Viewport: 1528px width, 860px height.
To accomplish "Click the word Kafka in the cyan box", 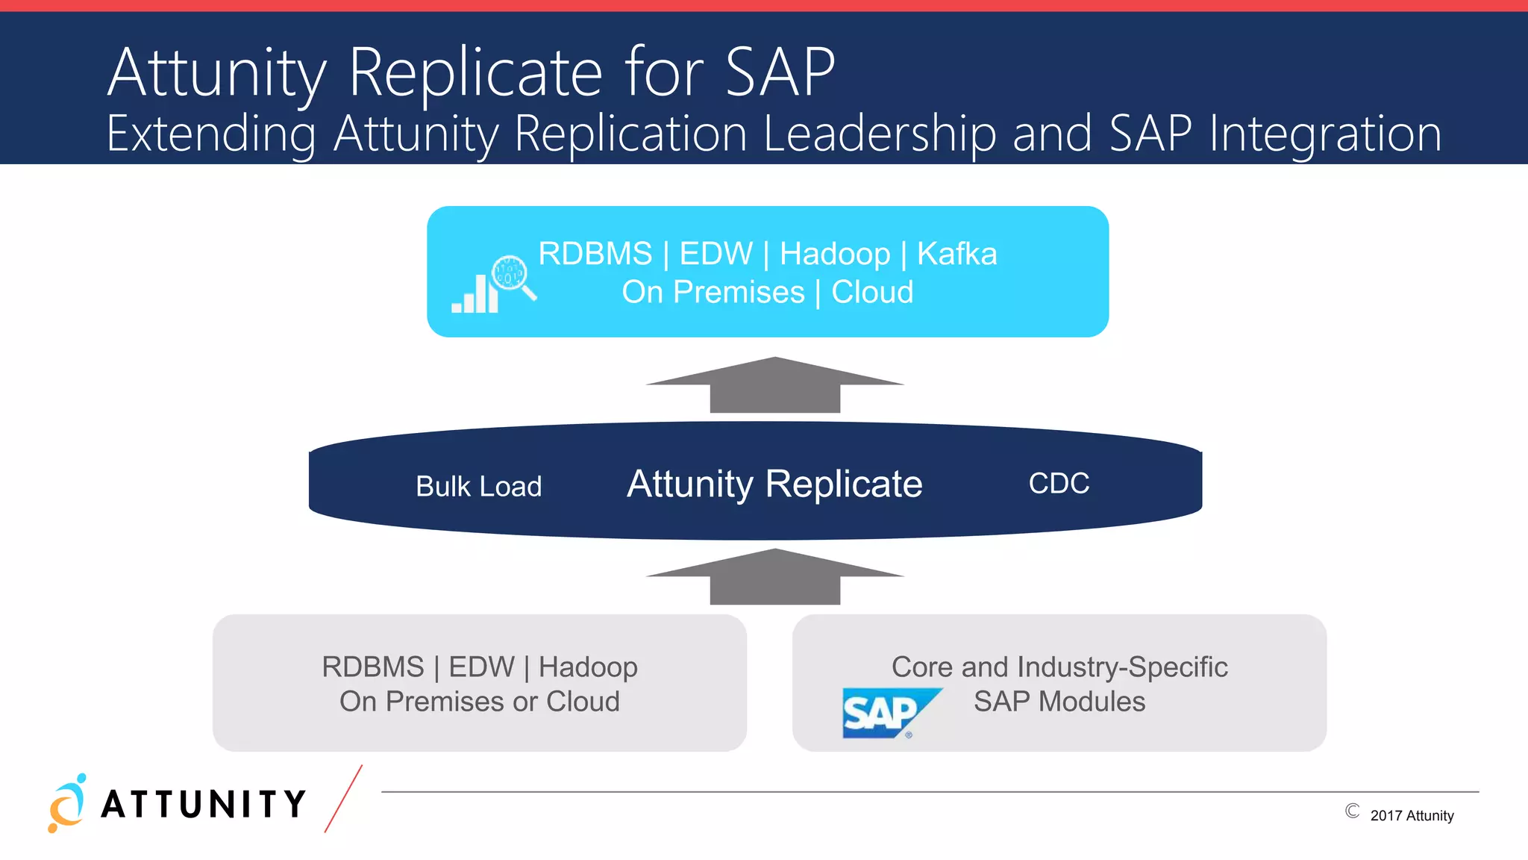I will tap(956, 254).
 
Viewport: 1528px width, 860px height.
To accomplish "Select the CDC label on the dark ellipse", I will tap(1059, 483).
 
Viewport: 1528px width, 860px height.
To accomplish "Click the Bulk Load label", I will tap(478, 487).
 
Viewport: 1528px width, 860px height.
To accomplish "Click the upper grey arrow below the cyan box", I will tap(774, 386).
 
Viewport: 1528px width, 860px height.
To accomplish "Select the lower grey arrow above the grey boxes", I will tap(774, 578).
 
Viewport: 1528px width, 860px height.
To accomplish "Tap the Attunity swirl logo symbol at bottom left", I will tap(67, 803).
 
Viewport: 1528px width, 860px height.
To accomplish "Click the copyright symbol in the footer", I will tap(1352, 811).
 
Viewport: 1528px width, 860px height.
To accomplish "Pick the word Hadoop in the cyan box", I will tap(835, 254).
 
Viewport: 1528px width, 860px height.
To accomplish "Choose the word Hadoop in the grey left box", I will tap(588, 667).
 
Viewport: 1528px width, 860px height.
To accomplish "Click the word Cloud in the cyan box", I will tap(872, 292).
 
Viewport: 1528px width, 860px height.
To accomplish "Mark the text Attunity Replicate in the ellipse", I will tap(774, 484).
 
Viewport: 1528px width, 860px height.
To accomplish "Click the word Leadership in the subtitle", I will tap(880, 134).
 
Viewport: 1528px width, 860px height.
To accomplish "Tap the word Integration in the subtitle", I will tap(1325, 134).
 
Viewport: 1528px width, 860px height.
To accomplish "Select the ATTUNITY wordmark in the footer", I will tap(204, 805).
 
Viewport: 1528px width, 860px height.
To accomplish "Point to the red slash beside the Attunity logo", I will tap(343, 799).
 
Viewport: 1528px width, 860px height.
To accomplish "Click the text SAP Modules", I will tap(1059, 702).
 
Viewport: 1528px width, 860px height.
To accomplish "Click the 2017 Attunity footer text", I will tap(1412, 816).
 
